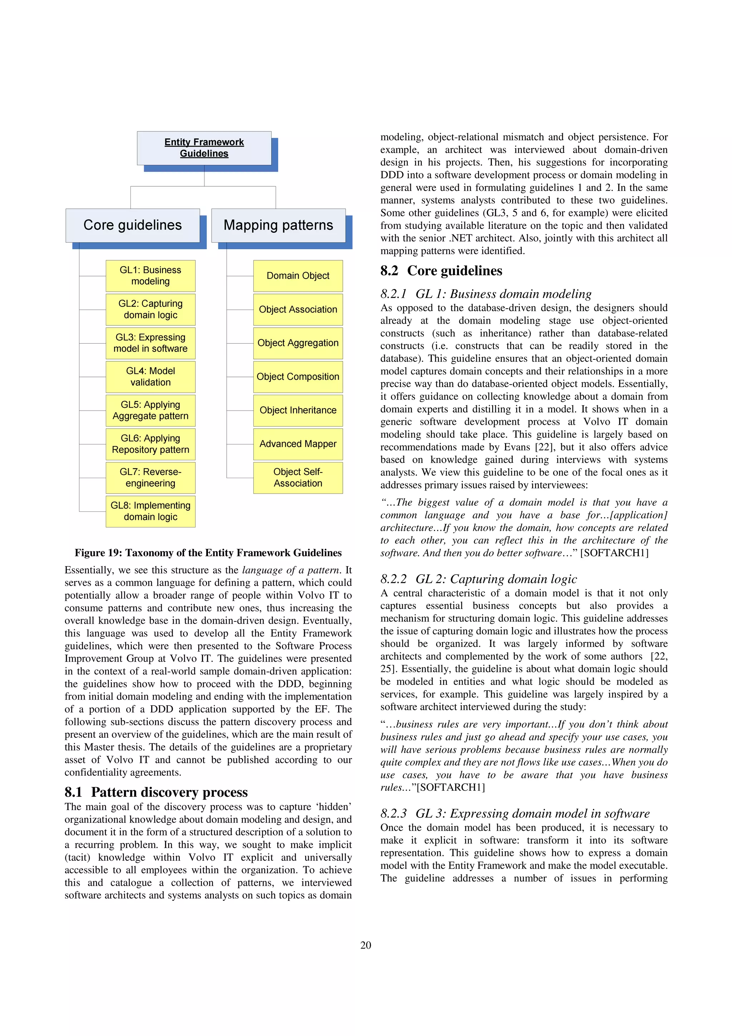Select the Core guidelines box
(133, 225)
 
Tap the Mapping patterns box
(278, 225)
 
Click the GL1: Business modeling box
(150, 276)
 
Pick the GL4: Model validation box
(150, 377)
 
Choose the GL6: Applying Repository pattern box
(150, 444)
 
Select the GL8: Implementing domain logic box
(150, 511)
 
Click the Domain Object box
(298, 276)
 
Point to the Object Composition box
(298, 377)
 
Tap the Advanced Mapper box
(298, 444)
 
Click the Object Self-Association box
(298, 477)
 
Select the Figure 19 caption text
(208, 553)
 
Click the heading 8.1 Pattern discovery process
(156, 792)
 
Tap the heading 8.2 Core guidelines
(441, 271)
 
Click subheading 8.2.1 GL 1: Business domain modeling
(486, 294)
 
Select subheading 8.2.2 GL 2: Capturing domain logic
(479, 579)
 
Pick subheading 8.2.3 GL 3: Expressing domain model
(515, 814)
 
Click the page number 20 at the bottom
(366, 945)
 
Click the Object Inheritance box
(298, 410)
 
